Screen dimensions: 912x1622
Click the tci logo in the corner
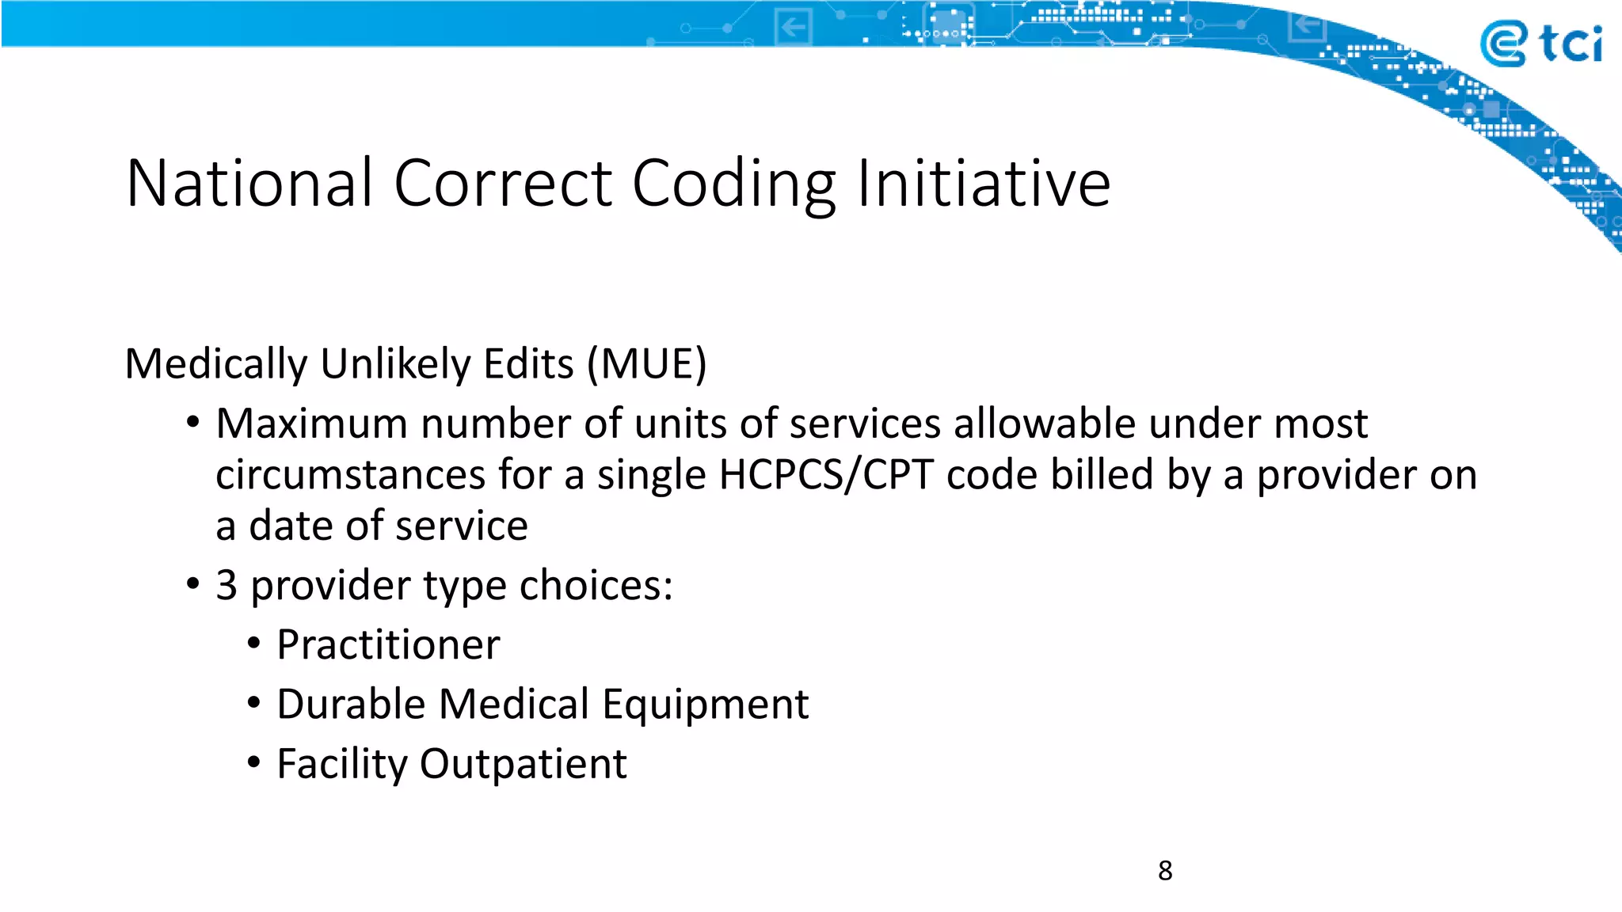pyautogui.click(x=1540, y=44)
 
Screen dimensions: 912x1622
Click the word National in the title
pyautogui.click(x=249, y=184)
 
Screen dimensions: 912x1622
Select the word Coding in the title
pyautogui.click(x=733, y=185)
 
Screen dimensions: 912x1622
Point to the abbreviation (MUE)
pyautogui.click(x=646, y=364)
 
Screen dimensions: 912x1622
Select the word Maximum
pyautogui.click(x=310, y=424)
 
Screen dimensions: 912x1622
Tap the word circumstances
pyautogui.click(x=350, y=475)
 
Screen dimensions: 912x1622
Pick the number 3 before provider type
pyautogui.click(x=227, y=586)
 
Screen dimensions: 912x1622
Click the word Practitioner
pyautogui.click(x=388, y=644)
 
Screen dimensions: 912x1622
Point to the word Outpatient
pyautogui.click(x=523, y=764)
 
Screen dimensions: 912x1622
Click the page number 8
pyautogui.click(x=1164, y=871)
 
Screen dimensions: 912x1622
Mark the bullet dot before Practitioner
pyautogui.click(x=253, y=643)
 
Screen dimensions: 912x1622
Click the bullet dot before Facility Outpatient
pyautogui.click(x=253, y=762)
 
